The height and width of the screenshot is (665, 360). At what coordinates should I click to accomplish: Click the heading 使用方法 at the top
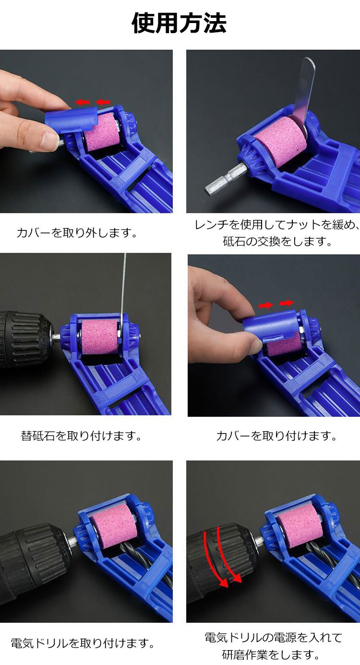(179, 23)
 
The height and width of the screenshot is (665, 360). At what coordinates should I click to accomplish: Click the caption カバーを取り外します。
(77, 233)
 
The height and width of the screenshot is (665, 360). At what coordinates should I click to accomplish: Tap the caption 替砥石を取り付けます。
(81, 436)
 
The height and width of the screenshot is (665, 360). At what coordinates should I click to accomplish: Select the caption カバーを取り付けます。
(276, 436)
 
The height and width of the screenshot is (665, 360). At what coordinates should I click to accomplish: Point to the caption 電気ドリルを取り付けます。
(83, 643)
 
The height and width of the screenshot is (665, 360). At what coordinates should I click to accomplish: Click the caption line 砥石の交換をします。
(277, 242)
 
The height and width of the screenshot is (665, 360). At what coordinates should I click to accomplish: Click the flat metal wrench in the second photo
(304, 92)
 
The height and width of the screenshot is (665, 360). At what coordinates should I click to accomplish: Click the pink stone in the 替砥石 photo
(100, 337)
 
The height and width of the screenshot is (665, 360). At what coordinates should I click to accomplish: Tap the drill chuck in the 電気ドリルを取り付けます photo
(34, 558)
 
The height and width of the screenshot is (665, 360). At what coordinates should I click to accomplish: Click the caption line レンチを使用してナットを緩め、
(277, 225)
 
